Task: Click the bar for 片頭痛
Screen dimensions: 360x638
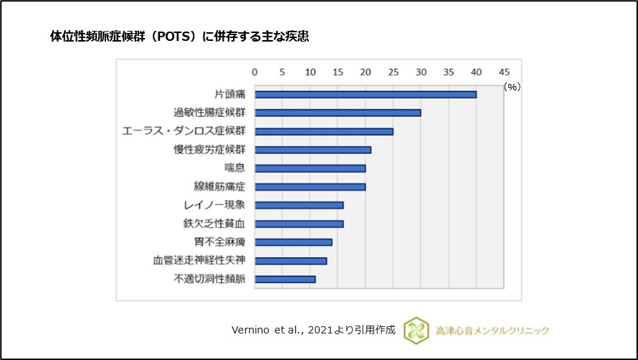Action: pos(366,95)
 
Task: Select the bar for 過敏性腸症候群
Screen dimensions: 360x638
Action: pos(338,113)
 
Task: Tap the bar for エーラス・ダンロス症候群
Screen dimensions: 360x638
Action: pos(324,131)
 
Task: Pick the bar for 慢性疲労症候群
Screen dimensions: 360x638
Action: pos(313,150)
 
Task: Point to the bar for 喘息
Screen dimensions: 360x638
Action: pos(310,169)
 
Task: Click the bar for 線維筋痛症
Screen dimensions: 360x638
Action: pos(310,187)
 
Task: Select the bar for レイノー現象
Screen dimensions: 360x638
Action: pos(299,205)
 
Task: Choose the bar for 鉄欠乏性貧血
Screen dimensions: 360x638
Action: pos(299,224)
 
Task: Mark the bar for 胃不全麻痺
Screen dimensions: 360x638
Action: pos(294,242)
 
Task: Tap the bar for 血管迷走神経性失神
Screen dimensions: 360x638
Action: pos(291,261)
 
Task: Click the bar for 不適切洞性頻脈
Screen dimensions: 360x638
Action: pos(285,279)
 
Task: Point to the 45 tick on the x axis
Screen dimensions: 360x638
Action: pos(504,72)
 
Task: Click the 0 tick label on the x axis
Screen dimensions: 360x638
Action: pos(254,72)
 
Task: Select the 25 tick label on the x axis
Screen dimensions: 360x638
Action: pos(393,72)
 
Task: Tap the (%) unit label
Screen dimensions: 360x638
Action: pos(512,86)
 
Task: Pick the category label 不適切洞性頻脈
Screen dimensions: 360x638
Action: pos(210,280)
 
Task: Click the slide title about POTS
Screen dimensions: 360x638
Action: pos(179,36)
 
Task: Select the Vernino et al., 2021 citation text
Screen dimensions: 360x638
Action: pos(313,330)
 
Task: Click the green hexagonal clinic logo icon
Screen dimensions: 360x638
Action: pos(415,330)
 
